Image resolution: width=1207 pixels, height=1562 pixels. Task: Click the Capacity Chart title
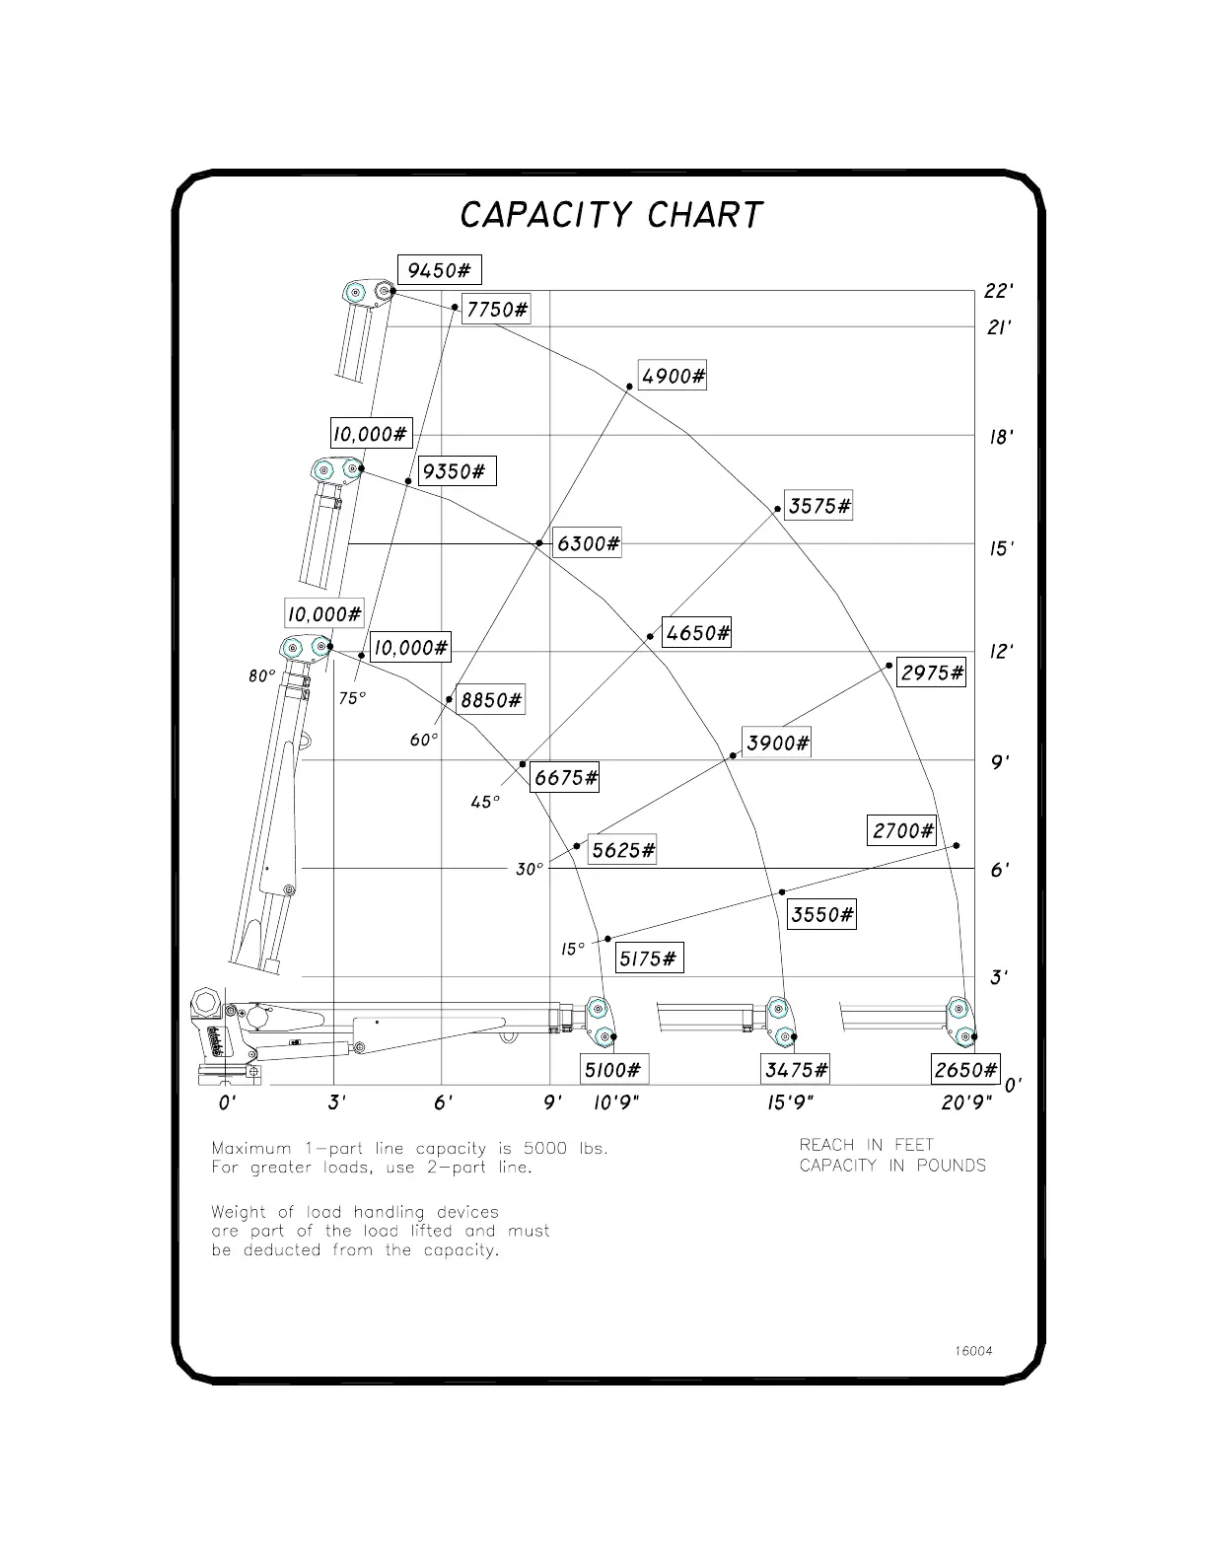pos(611,215)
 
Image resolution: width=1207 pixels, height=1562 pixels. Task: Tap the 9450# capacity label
pos(439,270)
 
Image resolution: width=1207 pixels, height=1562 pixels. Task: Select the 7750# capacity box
pos(496,310)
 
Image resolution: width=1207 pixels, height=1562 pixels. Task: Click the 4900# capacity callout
pos(673,376)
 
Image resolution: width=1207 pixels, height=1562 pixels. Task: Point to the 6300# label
pos(588,543)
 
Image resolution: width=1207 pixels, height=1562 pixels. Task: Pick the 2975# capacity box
pos(932,674)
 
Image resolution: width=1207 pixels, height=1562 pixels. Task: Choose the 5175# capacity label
pos(649,958)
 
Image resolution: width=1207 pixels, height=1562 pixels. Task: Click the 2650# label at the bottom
pos(965,1070)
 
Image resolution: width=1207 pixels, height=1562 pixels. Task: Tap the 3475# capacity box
pos(796,1070)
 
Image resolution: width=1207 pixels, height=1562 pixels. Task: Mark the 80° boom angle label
pos(261,676)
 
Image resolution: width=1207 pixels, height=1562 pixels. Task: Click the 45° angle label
pos(485,803)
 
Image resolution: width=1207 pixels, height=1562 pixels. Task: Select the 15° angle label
pos(573,949)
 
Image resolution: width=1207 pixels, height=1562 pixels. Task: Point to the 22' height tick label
pos(999,291)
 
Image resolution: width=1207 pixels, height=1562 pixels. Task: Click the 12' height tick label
pos(1001,652)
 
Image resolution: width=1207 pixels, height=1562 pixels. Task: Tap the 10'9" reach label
pos(616,1103)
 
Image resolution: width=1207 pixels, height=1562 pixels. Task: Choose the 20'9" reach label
pos(965,1103)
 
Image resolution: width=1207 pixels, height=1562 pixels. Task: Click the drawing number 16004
pos(973,1351)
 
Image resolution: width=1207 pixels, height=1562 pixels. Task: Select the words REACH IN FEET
pos(866,1145)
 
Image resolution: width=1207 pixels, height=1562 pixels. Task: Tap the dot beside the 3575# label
pos(778,510)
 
